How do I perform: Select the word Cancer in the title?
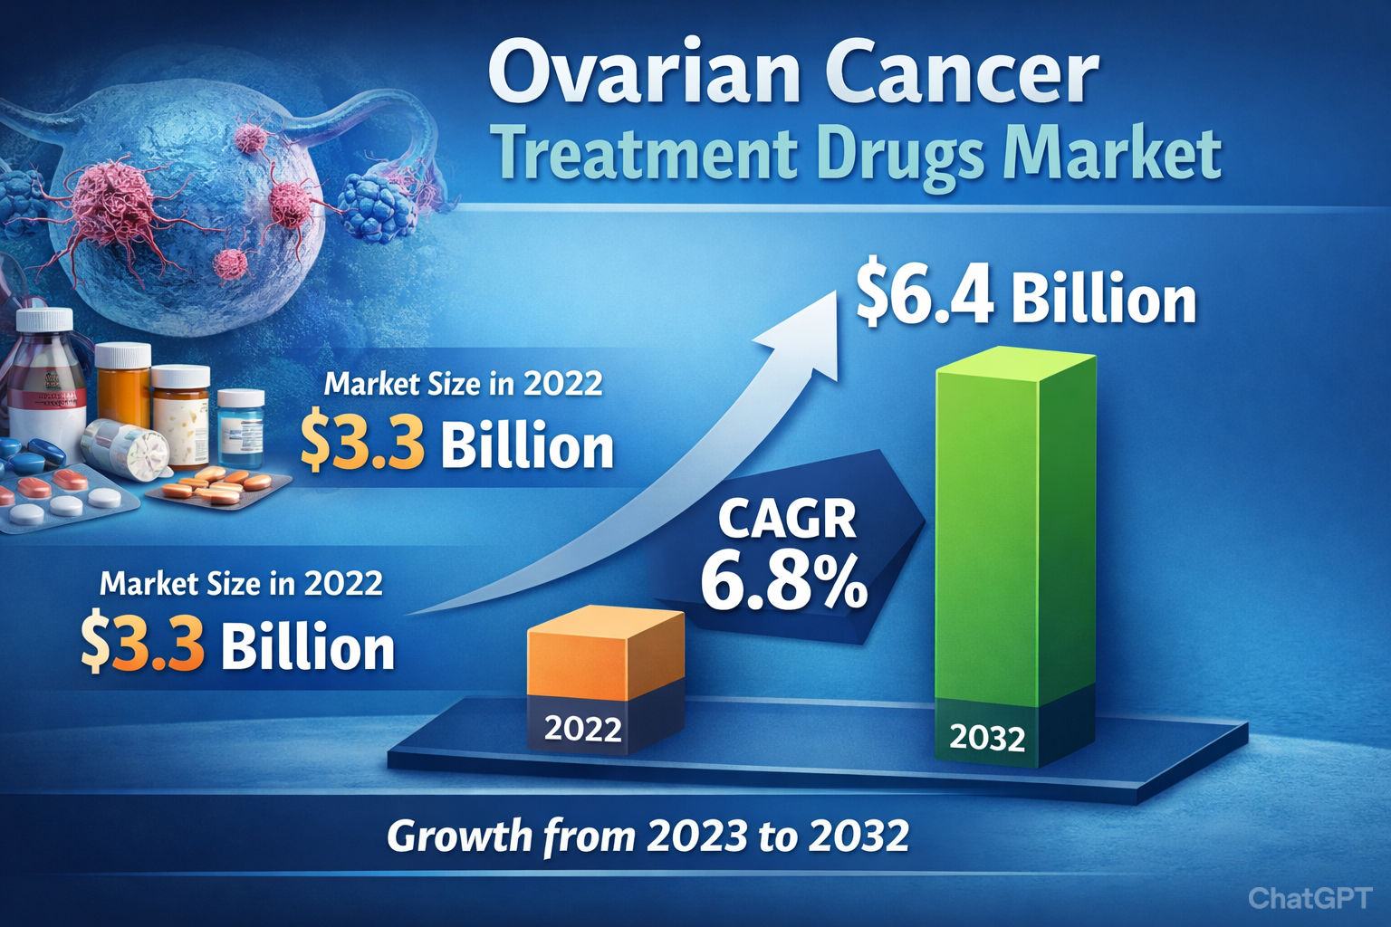[962, 74]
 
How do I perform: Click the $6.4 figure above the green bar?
[925, 298]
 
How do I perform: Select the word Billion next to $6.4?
[1103, 300]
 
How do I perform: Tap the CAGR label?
[786, 520]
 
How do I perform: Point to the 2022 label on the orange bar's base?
[582, 729]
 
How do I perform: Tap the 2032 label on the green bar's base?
[987, 739]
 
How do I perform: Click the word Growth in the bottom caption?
[459, 836]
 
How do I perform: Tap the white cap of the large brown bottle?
[44, 320]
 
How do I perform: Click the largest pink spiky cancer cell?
[113, 201]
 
